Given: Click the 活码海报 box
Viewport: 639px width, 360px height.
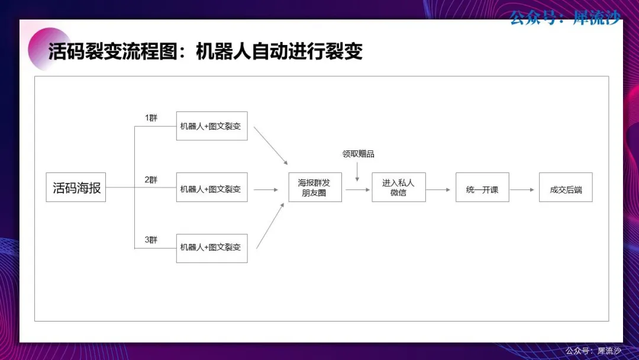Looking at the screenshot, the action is (76, 187).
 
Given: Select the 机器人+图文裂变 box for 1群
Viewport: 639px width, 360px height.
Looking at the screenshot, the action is (212, 126).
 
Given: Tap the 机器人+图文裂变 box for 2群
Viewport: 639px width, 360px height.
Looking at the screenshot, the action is (212, 187).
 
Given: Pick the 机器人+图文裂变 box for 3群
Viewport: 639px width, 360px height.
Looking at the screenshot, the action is (212, 248).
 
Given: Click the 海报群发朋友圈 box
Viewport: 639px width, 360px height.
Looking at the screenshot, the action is (315, 187).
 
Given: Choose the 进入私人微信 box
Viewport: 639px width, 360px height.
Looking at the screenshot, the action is (399, 187).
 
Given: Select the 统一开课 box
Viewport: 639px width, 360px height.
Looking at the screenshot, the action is (483, 187).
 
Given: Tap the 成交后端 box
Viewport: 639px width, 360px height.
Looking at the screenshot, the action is (566, 187).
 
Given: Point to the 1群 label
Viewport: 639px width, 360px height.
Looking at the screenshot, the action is (151, 118).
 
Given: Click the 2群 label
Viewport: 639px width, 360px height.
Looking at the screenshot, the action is (151, 180).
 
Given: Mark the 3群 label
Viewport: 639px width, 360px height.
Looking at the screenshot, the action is (151, 240).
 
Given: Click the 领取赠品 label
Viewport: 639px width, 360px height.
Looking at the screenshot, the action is (358, 154).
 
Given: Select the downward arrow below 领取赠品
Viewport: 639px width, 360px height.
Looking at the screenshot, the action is (357, 172).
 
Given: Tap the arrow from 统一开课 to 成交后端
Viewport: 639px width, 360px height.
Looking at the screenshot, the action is (522, 189).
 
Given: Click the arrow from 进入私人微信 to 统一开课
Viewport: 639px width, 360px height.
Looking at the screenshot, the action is (438, 189).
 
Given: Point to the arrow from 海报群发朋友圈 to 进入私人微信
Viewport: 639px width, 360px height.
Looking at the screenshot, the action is (357, 189).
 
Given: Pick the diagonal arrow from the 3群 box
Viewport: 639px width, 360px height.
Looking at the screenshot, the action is (270, 226).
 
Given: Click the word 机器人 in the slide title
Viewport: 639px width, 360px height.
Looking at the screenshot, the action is (223, 52).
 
